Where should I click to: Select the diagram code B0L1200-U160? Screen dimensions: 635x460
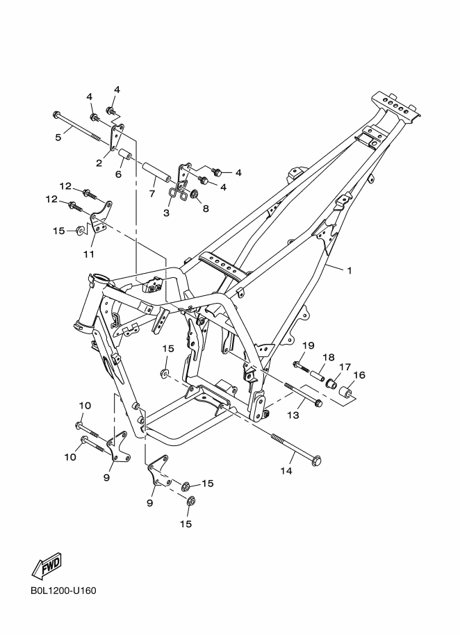coord(63,592)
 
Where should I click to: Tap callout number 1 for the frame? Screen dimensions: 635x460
coord(350,270)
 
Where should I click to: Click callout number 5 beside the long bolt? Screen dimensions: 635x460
coord(58,137)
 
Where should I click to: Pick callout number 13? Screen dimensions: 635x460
coord(293,415)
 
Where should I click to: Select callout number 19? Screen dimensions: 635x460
coord(309,345)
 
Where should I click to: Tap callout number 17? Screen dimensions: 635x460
coord(344,367)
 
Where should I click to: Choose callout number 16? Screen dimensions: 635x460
coord(359,375)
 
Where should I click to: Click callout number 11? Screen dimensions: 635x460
coord(89,254)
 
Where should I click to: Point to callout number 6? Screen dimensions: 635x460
coord(119,174)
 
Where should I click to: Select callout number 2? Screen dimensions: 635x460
coord(99,163)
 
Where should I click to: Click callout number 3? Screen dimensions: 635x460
coord(167,213)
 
